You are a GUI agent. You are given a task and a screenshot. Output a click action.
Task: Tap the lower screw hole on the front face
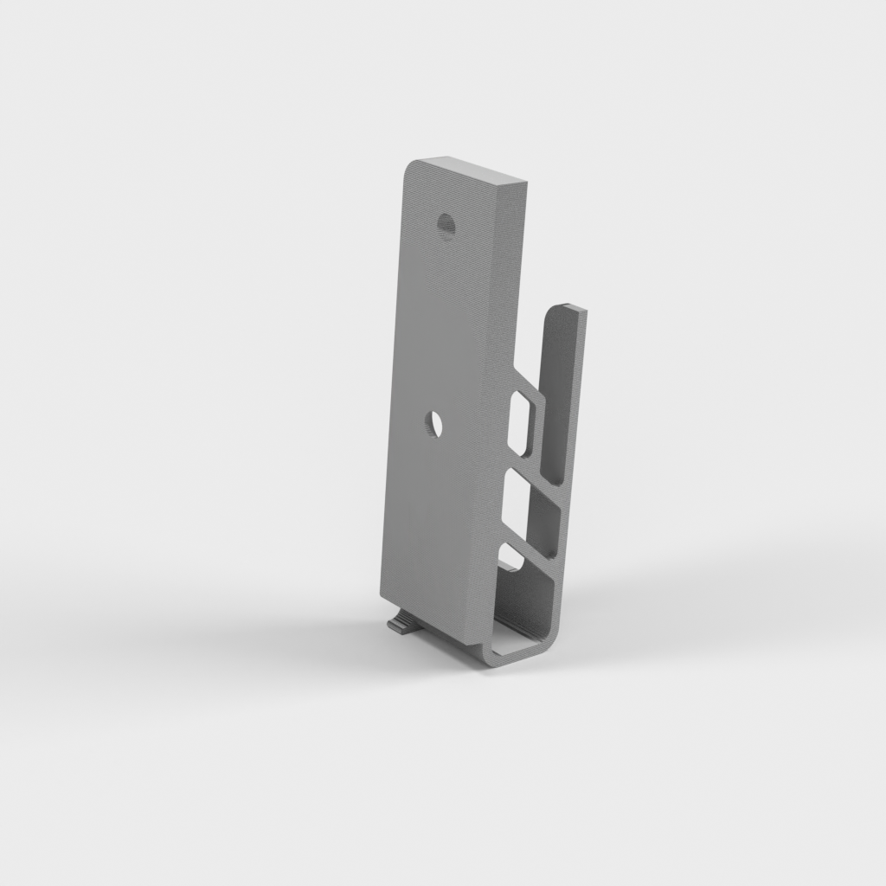(x=433, y=423)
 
